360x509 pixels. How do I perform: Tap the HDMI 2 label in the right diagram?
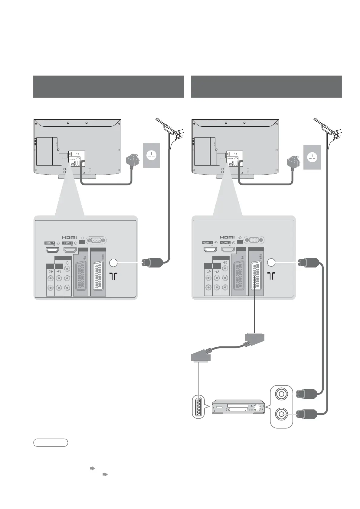point(225,243)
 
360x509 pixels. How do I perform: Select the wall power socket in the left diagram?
point(151,155)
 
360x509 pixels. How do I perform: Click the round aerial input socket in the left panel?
point(113,263)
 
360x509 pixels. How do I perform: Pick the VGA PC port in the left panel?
point(96,241)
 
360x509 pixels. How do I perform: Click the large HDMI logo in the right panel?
point(227,237)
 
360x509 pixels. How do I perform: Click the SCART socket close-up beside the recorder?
point(198,407)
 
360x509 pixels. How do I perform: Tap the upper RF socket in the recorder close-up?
point(282,394)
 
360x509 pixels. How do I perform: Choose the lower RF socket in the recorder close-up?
point(282,414)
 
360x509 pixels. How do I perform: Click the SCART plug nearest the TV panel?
point(254,338)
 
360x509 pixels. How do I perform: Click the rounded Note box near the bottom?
point(51,443)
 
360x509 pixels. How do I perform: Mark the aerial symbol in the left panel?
point(113,276)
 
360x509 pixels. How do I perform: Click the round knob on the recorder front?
point(257,407)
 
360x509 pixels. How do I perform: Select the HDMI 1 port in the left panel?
point(53,250)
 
